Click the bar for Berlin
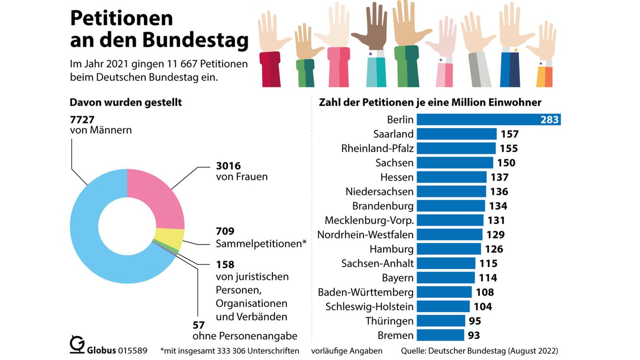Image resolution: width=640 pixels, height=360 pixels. [488, 120]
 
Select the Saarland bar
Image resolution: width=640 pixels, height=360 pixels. [456, 134]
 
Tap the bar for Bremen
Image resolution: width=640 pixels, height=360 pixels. [440, 335]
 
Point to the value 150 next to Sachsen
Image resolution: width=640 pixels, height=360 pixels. [506, 163]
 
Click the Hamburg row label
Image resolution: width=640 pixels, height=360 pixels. [391, 249]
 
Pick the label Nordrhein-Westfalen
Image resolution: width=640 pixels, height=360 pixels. [365, 234]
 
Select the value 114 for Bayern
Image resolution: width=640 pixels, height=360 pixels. [488, 278]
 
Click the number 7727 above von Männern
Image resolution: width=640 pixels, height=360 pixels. [82, 120]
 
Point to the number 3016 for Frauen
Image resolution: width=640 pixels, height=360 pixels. [228, 166]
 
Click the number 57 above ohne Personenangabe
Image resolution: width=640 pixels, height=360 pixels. [199, 324]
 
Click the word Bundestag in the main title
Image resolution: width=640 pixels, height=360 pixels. [196, 40]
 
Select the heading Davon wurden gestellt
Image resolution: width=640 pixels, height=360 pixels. [126, 102]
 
